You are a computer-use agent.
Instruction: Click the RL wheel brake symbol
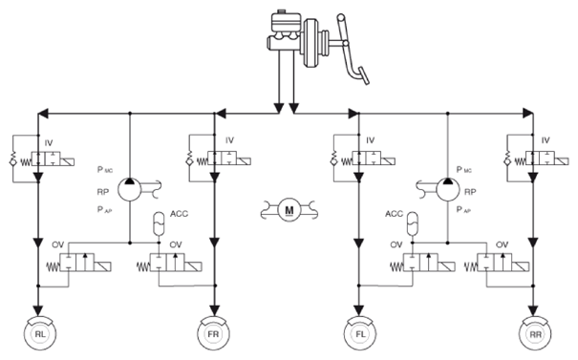coord(39,333)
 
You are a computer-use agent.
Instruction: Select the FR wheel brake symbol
coord(213,333)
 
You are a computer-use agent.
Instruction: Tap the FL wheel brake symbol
coord(360,333)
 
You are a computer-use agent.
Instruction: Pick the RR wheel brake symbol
coord(535,333)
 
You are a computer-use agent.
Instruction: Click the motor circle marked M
coord(289,210)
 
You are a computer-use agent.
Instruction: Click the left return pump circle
coord(129,190)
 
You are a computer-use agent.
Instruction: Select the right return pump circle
coord(448,190)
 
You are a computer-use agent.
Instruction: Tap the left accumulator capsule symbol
coord(159,223)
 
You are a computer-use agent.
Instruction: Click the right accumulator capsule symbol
coord(413,223)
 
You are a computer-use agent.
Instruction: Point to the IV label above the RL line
coord(49,143)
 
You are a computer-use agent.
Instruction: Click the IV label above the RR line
coord(546,140)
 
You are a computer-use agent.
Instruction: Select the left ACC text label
coord(180,214)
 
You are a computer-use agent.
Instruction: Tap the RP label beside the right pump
coord(470,192)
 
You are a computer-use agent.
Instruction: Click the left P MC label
coord(105,170)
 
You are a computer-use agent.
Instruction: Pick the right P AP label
coord(464,210)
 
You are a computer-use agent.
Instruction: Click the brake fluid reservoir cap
coord(282,11)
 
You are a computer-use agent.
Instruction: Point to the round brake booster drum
coord(312,43)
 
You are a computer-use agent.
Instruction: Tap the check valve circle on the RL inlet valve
coord(13,162)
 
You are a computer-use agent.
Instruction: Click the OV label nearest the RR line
coord(503,244)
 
